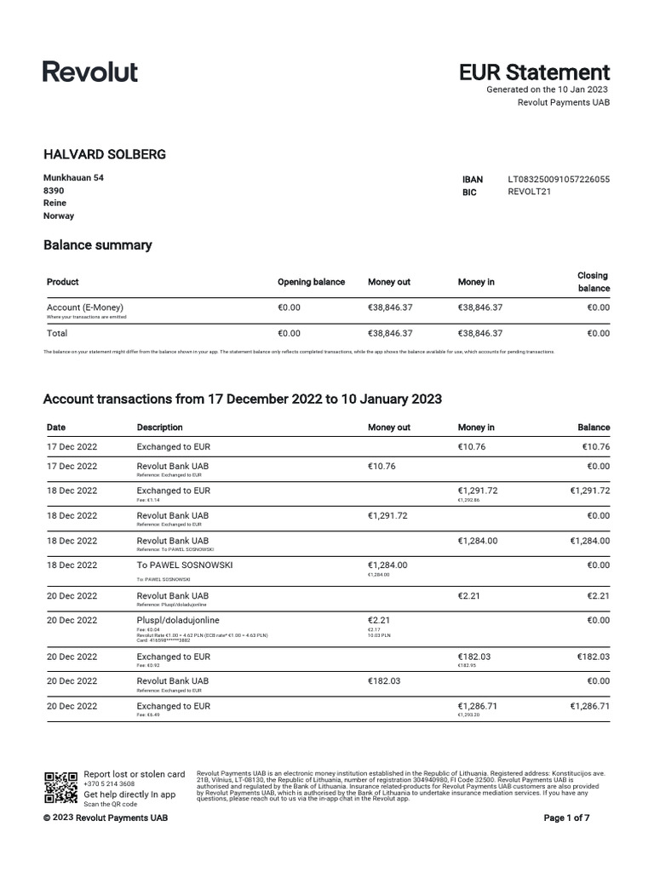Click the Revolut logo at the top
pos(90,72)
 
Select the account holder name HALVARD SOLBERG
pos(105,154)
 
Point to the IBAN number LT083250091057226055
pos(559,180)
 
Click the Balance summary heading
pos(97,245)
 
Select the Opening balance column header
pos(311,282)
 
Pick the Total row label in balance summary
pos(57,334)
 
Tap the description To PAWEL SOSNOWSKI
pos(184,565)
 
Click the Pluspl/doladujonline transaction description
pos(178,621)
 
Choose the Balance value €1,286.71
pos(590,707)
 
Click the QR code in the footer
pos(60,788)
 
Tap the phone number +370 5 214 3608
pos(109,784)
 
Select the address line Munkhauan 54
pos(74,177)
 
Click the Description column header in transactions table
pos(159,427)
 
